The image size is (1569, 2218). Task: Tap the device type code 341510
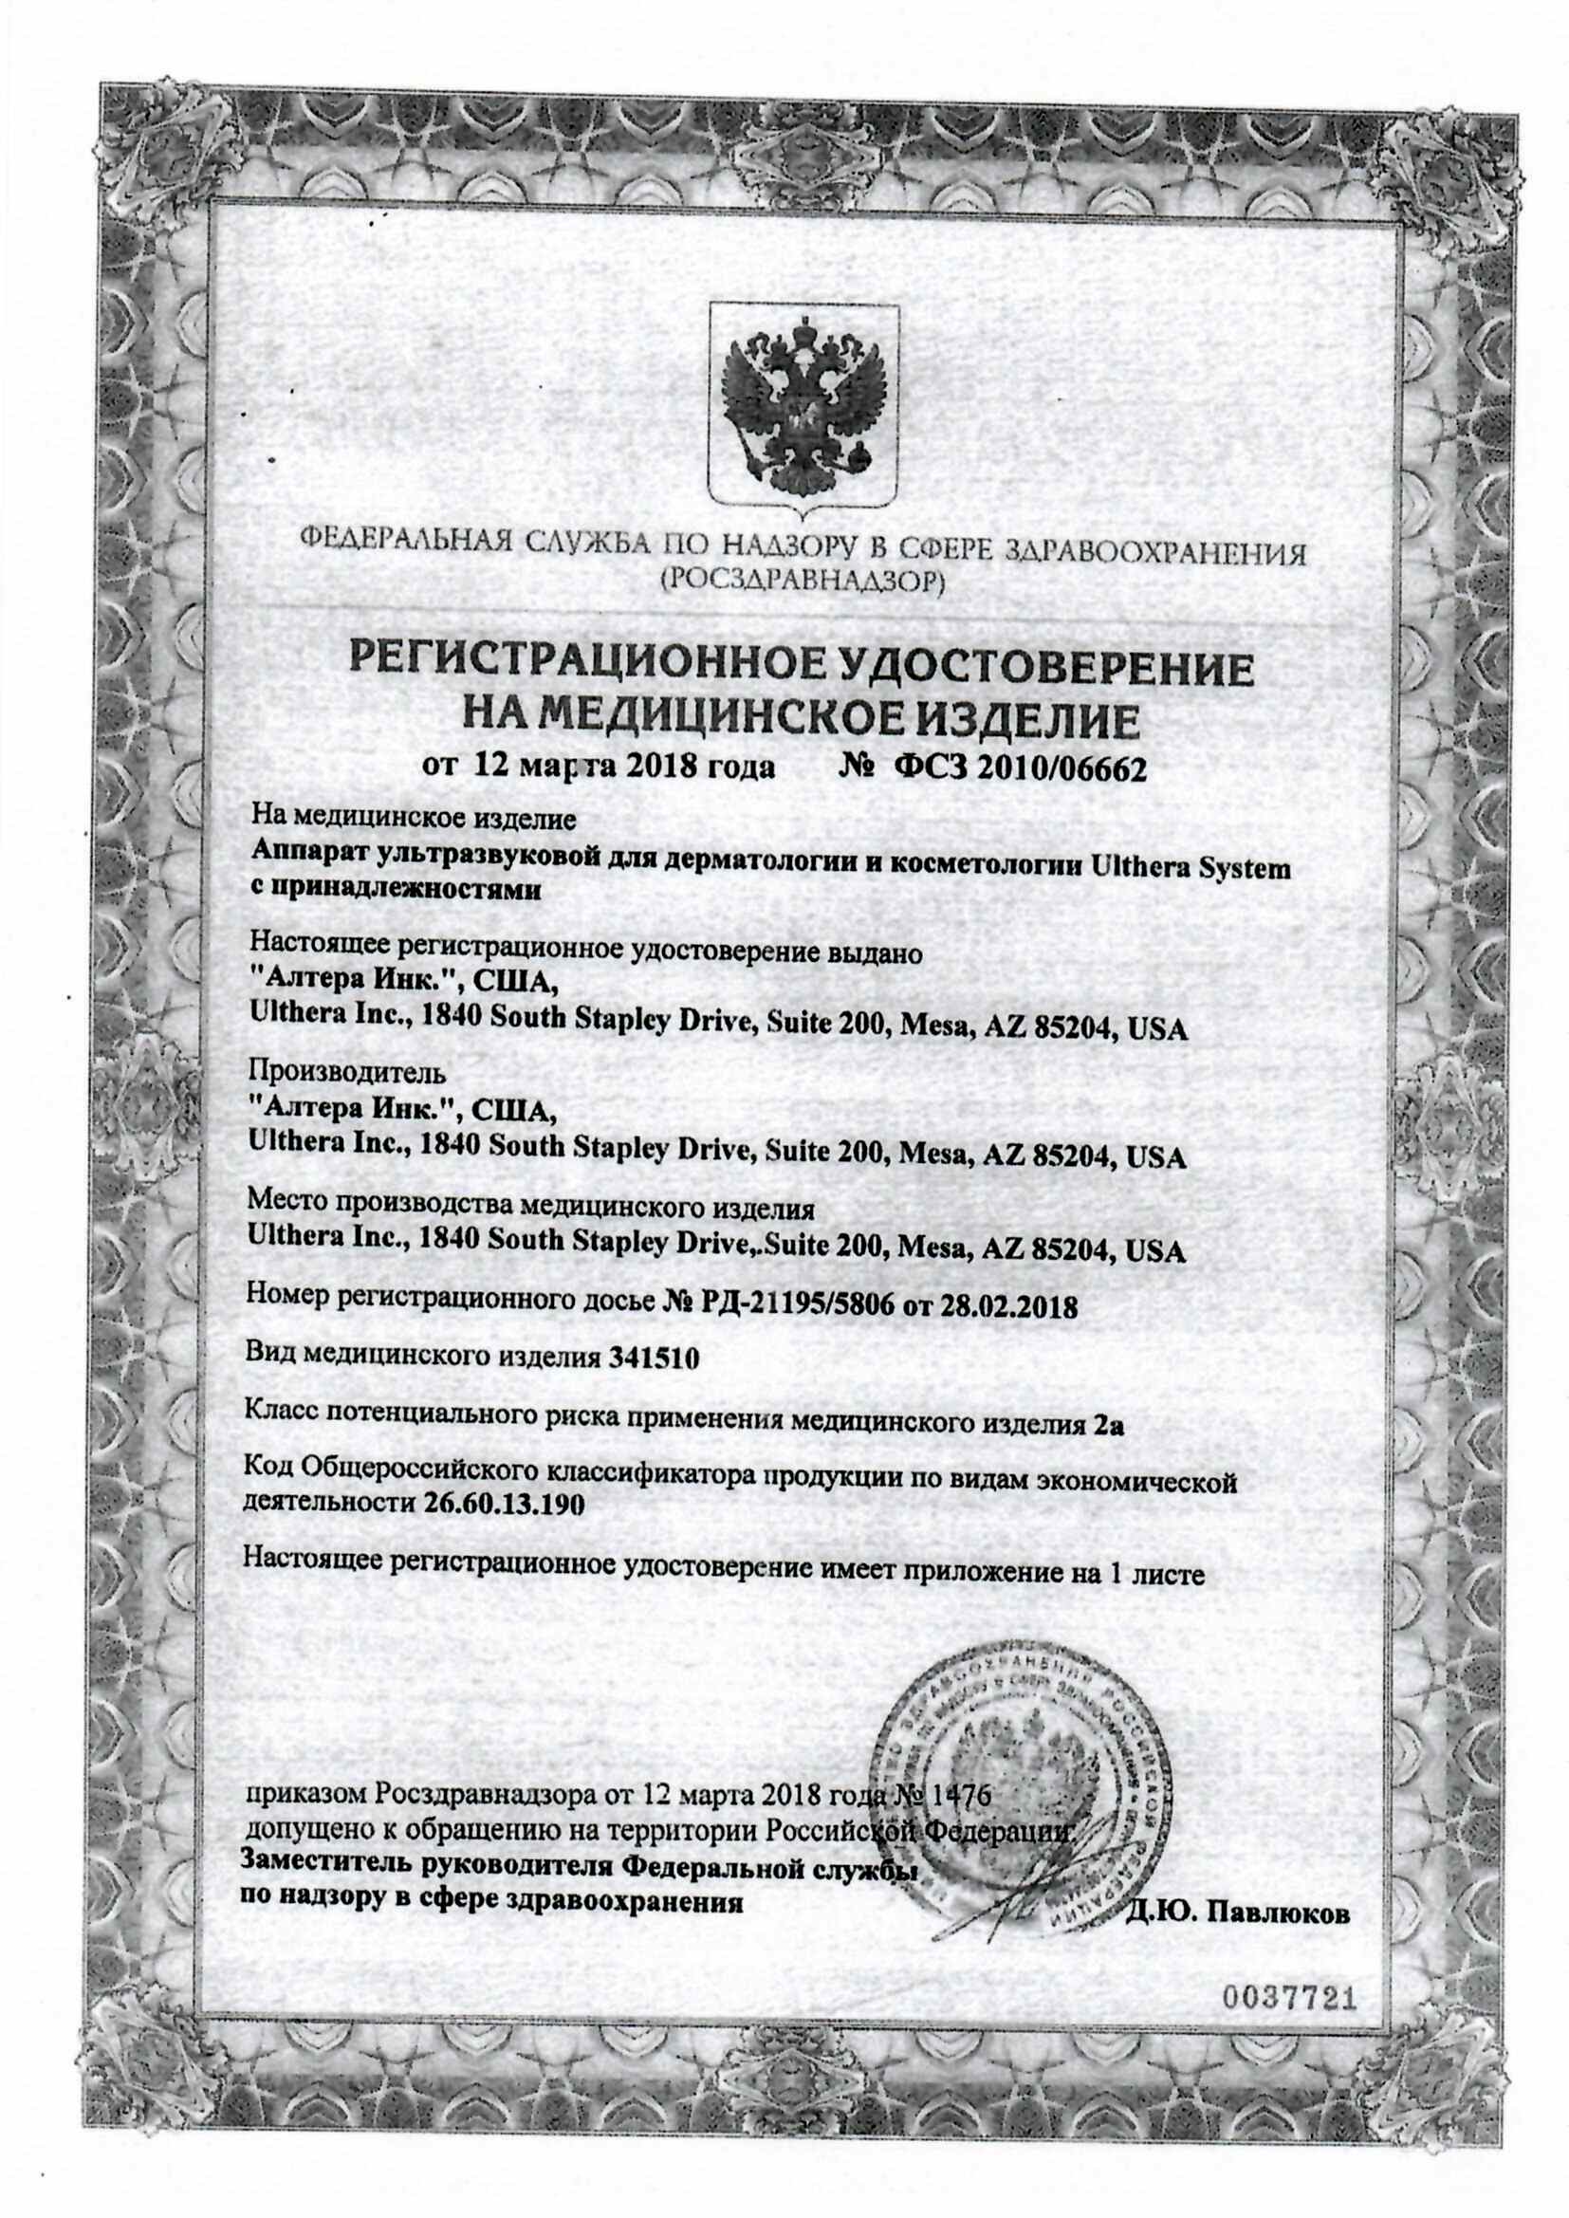(653, 1358)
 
